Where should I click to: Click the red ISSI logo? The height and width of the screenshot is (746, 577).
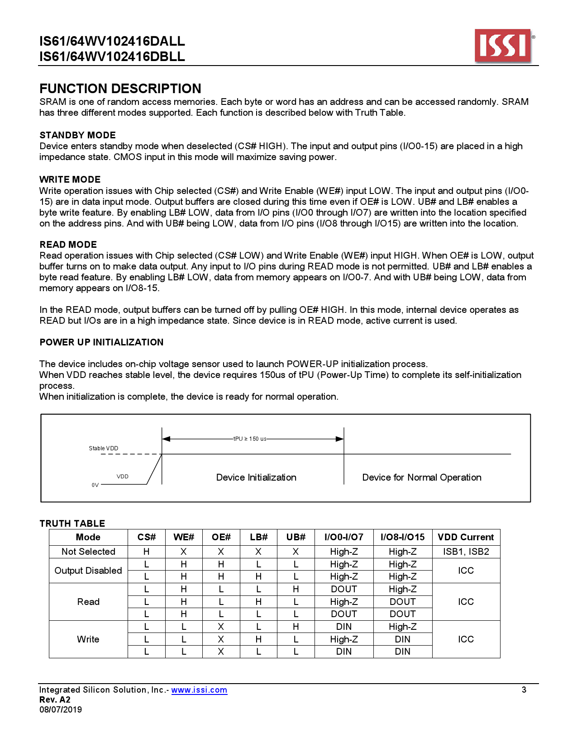tap(503, 46)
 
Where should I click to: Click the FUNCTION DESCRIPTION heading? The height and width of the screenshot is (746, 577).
tap(120, 89)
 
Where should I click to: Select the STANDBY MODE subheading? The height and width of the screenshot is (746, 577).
tap(77, 135)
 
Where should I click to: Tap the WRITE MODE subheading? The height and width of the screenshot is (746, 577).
tap(70, 179)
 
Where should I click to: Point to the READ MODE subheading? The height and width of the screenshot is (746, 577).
tap(68, 245)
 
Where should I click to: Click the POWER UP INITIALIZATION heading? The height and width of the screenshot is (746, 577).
tap(101, 342)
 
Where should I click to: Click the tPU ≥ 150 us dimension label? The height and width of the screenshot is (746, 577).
tap(249, 439)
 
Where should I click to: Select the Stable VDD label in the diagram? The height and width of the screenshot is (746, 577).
tap(103, 449)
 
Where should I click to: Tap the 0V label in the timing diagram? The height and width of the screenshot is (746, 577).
tap(95, 485)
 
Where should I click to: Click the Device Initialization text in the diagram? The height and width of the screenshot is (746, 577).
tap(256, 477)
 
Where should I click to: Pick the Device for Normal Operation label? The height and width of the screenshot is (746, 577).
tap(421, 477)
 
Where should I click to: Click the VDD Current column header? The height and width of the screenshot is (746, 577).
tap(466, 537)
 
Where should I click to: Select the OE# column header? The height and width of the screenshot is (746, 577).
tap(221, 537)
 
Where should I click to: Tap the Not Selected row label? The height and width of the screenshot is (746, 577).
tap(88, 552)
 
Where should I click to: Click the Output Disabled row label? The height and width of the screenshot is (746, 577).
tap(88, 571)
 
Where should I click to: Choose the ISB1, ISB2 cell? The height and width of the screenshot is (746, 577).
tap(466, 552)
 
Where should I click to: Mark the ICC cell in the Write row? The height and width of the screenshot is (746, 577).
tap(466, 639)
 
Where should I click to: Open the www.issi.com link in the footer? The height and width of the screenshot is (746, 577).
tap(199, 690)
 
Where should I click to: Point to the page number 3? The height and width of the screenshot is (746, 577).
tap(524, 690)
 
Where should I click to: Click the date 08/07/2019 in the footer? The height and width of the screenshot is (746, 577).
tap(61, 710)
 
